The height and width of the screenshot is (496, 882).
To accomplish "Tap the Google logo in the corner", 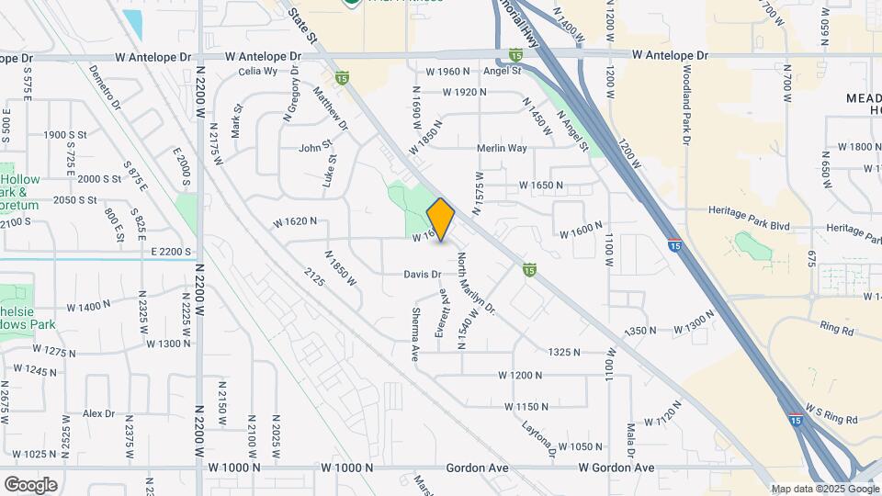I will [x=30, y=484].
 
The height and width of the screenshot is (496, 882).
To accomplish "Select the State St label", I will [x=301, y=25].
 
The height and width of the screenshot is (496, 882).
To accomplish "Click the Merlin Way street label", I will [x=502, y=148].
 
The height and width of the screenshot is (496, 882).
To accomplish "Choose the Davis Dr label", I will [x=423, y=274].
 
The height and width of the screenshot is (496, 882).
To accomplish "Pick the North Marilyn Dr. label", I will [x=477, y=284].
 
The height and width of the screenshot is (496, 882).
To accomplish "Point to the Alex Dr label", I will [x=97, y=413].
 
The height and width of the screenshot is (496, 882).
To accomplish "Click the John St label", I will [x=314, y=147].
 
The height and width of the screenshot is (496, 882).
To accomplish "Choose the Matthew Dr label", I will [x=332, y=109].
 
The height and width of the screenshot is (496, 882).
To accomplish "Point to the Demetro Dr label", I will [x=105, y=87].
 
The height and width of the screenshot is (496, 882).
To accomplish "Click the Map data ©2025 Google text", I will [x=824, y=489].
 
